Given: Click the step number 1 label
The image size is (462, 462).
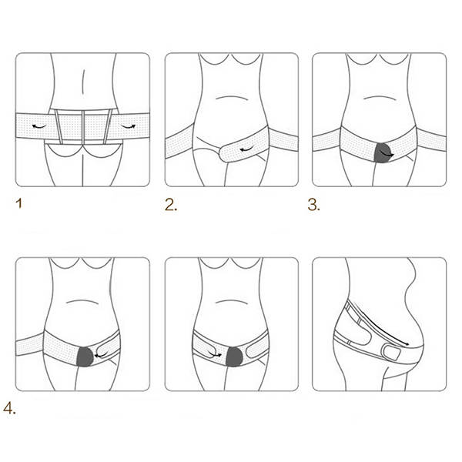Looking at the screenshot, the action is tap(19, 203).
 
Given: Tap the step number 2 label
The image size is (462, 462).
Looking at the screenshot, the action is tap(171, 205).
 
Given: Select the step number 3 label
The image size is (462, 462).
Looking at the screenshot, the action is tap(314, 205).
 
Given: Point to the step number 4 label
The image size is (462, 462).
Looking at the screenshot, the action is tap(9, 408).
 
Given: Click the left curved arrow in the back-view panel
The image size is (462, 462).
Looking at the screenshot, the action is tap(39, 127).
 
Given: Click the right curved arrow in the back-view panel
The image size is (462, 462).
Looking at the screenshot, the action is tap(128, 127).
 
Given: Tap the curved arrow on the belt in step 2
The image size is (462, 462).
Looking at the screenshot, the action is tap(247, 150).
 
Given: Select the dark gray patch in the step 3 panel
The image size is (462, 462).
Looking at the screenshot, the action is tap(383, 153).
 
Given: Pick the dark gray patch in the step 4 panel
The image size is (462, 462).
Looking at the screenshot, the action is tap(85, 357).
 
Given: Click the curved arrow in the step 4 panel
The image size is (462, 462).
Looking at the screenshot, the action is tap(102, 354).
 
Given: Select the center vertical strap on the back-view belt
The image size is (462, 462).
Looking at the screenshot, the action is tap(83, 127).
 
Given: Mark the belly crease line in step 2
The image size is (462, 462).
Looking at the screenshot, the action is tap(232, 98).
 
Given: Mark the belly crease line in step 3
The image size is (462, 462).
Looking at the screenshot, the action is tap(380, 98).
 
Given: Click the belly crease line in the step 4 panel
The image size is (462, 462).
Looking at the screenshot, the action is tap(82, 302).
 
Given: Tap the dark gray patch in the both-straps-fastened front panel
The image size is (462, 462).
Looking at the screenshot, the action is tap(234, 357).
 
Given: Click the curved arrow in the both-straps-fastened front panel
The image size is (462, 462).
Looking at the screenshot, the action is tap(215, 354).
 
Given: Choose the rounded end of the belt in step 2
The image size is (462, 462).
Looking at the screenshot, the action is tap(222, 153).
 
